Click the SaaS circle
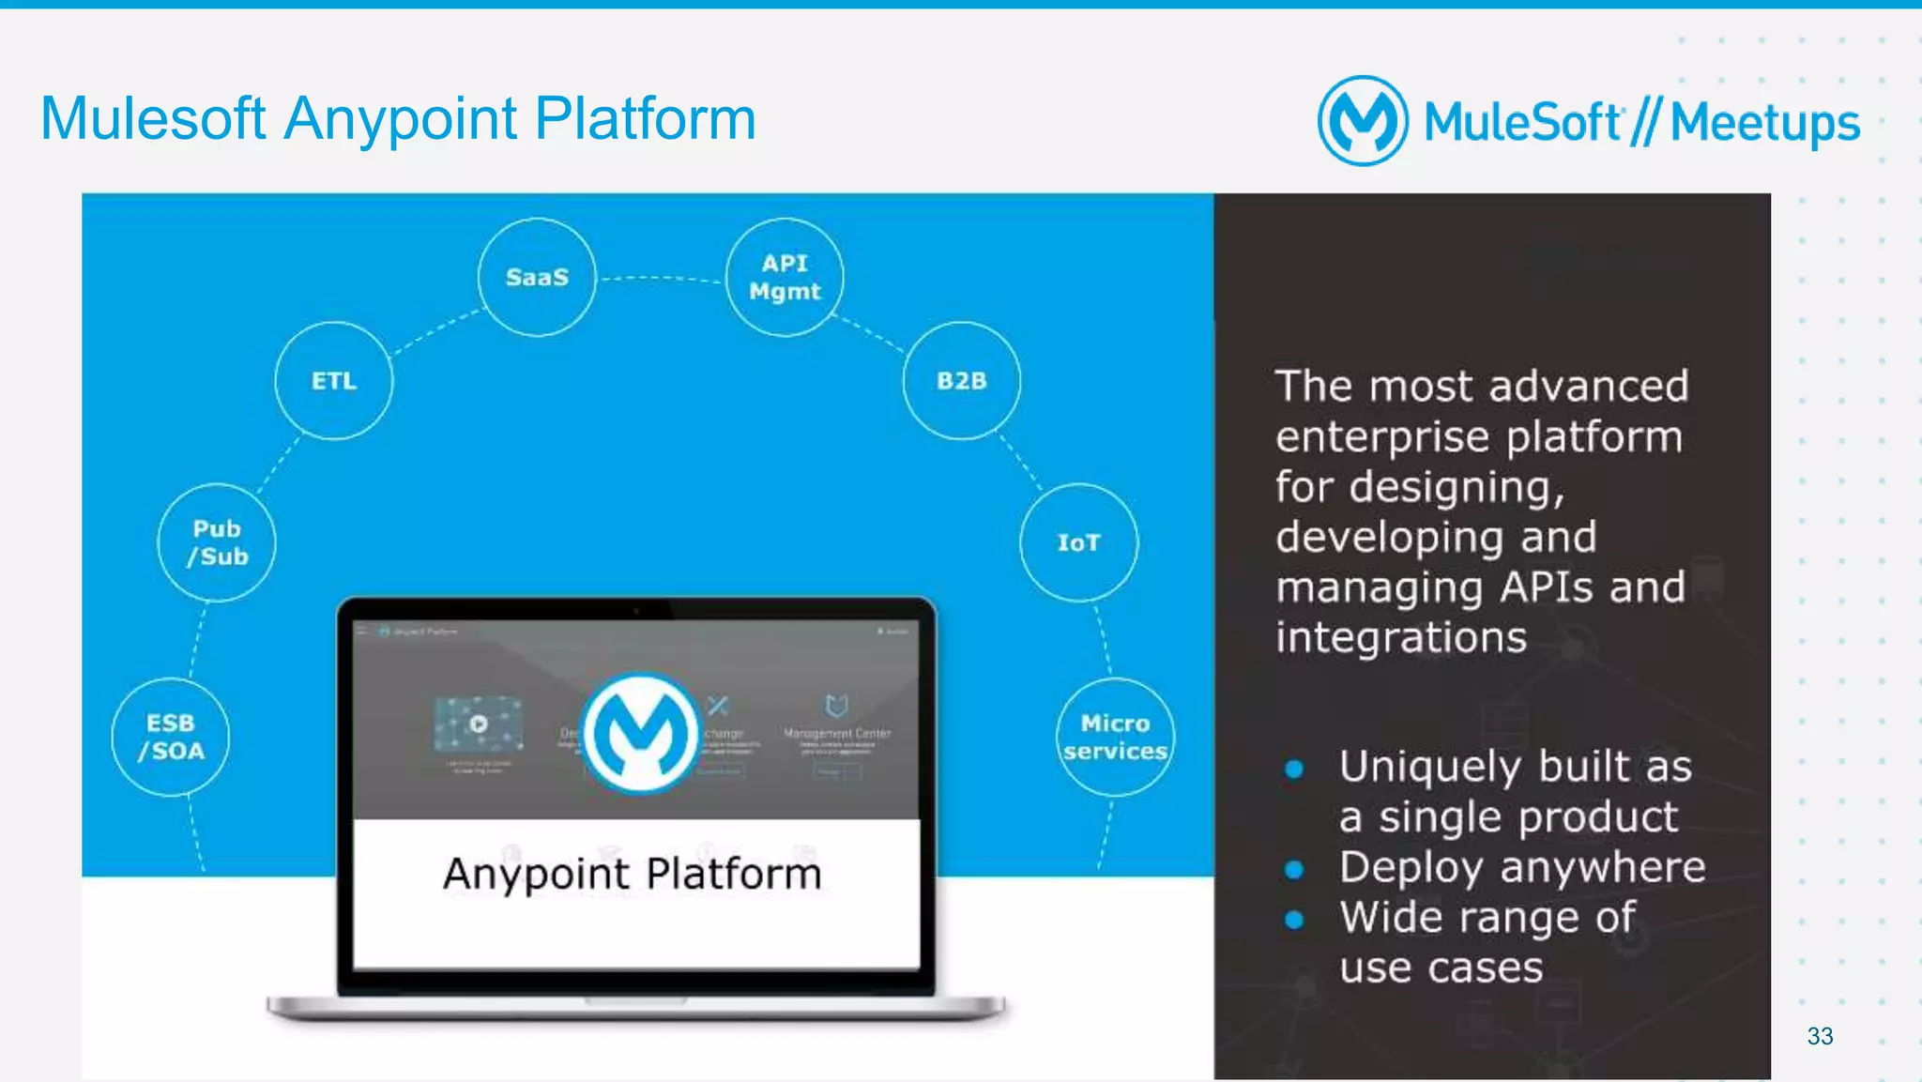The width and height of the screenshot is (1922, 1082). pyautogui.click(x=537, y=277)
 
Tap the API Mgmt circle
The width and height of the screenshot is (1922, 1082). pyautogui.click(x=785, y=277)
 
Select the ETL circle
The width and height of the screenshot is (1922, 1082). pyautogui.click(x=334, y=380)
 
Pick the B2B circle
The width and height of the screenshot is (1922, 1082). pyautogui.click(x=961, y=380)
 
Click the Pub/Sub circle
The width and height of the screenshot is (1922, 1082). pyautogui.click(x=217, y=542)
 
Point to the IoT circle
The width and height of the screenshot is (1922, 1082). pyautogui.click(x=1078, y=542)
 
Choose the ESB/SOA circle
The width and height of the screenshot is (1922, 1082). pyautogui.click(x=171, y=737)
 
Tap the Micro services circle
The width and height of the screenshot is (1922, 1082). pyautogui.click(x=1115, y=737)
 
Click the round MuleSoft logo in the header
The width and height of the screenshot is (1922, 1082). pyautogui.click(x=1363, y=121)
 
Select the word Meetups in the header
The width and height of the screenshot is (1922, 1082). pyautogui.click(x=1764, y=123)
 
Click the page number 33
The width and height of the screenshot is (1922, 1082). pyautogui.click(x=1820, y=1036)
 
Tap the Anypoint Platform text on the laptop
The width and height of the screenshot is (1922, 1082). pyautogui.click(x=632, y=874)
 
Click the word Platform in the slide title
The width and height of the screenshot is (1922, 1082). pyautogui.click(x=645, y=119)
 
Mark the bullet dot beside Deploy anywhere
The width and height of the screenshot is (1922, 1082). pyautogui.click(x=1294, y=870)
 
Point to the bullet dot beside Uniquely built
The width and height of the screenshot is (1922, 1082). pyautogui.click(x=1294, y=770)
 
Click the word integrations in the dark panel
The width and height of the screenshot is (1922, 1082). pyautogui.click(x=1400, y=637)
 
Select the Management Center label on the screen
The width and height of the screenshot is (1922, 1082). pyautogui.click(x=837, y=733)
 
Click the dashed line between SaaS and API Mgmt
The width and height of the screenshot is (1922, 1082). pyautogui.click(x=661, y=278)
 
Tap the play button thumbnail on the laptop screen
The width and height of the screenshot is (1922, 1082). pyautogui.click(x=479, y=724)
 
